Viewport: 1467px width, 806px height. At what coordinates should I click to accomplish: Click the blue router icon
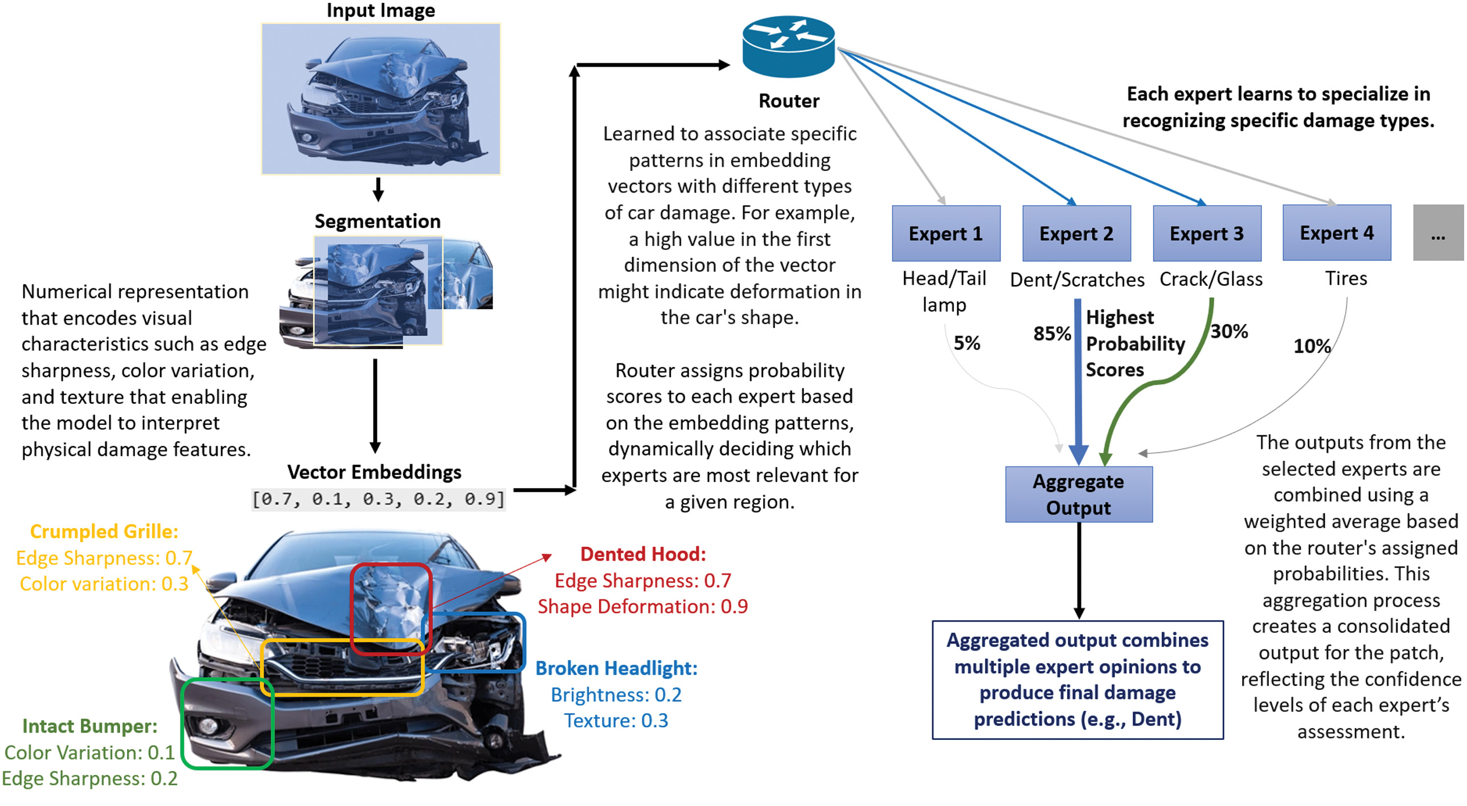click(x=789, y=47)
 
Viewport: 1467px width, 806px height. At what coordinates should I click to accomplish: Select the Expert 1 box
click(x=946, y=233)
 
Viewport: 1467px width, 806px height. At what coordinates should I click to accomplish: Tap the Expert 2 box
click(x=1076, y=233)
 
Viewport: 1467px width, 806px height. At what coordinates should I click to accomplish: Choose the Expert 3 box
click(x=1207, y=233)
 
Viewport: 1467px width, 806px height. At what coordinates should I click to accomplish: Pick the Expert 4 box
click(x=1337, y=232)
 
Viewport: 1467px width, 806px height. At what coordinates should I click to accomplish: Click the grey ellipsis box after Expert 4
click(x=1438, y=233)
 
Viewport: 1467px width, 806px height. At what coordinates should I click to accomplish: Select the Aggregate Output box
click(x=1079, y=494)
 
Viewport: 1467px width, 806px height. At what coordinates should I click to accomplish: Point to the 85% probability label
click(x=1052, y=333)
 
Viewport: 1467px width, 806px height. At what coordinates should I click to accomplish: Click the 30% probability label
click(x=1229, y=331)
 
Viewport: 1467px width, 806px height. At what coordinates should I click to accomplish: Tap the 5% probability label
click(x=967, y=343)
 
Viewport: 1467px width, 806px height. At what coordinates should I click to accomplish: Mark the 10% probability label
click(x=1312, y=346)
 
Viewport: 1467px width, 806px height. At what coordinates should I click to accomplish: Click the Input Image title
click(x=380, y=10)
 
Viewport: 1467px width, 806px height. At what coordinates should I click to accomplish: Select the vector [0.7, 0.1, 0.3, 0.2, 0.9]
click(x=379, y=499)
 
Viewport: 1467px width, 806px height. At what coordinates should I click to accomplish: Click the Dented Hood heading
click(x=643, y=554)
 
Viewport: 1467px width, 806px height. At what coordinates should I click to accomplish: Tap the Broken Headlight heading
click(x=616, y=668)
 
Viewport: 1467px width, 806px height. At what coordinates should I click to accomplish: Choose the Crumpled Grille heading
click(x=104, y=531)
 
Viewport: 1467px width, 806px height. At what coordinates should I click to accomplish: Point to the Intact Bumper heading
click(x=90, y=726)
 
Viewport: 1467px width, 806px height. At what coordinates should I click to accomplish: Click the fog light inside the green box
click(x=207, y=725)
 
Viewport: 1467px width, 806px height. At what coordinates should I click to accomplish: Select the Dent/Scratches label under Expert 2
click(x=1077, y=280)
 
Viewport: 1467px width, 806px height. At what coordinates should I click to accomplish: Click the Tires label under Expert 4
click(x=1346, y=278)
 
